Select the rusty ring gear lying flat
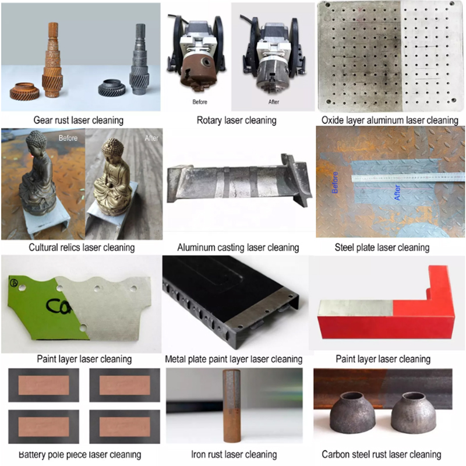pos(24,91)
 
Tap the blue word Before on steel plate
pos(335,182)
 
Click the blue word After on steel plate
pos(397,192)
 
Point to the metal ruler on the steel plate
pos(408,178)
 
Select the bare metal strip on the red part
pos(356,308)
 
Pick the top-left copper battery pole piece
pos(44,385)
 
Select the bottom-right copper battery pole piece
pos(125,426)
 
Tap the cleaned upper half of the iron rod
pos(231,389)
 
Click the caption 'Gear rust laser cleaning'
pos(79,121)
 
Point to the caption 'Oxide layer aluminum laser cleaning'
pos(390,121)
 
